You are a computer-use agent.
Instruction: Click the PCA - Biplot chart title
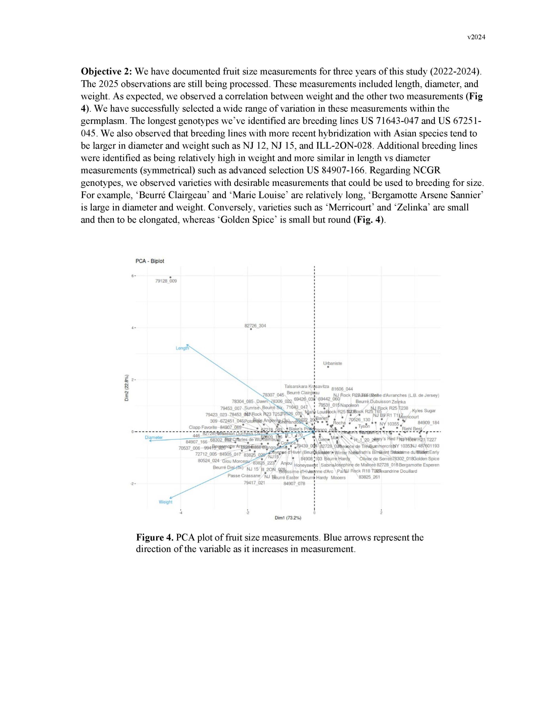pyautogui.click(x=150, y=261)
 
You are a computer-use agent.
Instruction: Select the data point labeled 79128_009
pyautogui.click(x=171, y=277)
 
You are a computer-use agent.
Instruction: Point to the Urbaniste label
pyautogui.click(x=332, y=363)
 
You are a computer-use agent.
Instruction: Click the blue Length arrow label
pyautogui.click(x=182, y=348)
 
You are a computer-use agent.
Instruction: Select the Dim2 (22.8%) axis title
pyautogui.click(x=127, y=388)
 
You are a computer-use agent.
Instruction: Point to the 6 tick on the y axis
pyautogui.click(x=133, y=276)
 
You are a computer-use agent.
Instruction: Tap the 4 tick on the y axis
pyautogui.click(x=133, y=328)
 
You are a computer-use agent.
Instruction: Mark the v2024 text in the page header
pyautogui.click(x=476, y=37)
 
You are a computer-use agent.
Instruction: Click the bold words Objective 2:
pyautogui.click(x=107, y=71)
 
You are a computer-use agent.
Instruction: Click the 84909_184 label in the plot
pyautogui.click(x=428, y=422)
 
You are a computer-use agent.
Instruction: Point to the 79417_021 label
pyautogui.click(x=254, y=483)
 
